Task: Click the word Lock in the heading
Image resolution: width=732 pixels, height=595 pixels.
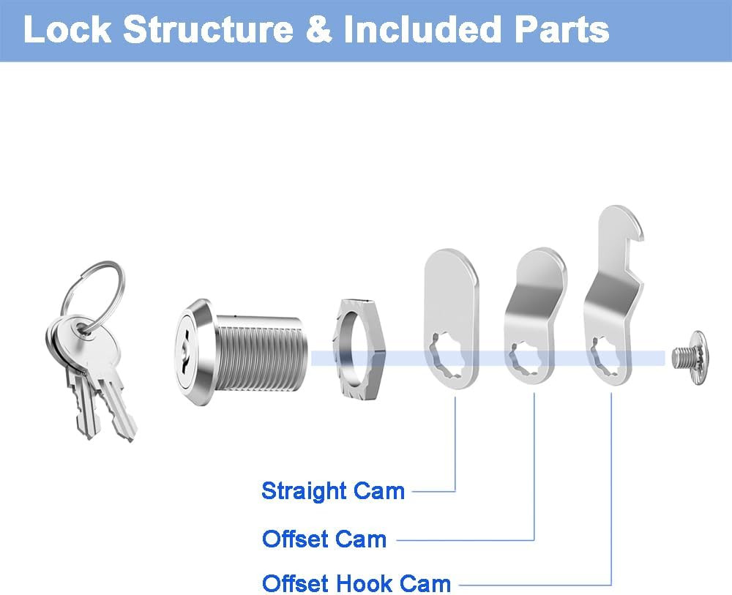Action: pyautogui.click(x=67, y=29)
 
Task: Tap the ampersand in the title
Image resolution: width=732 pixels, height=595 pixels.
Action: pyautogui.click(x=319, y=30)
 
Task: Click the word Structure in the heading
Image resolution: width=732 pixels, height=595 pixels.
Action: pyautogui.click(x=208, y=29)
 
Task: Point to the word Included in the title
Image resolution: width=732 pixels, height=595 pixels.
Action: pyautogui.click(x=423, y=29)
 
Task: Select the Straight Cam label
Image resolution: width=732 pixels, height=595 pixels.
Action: pyautogui.click(x=333, y=491)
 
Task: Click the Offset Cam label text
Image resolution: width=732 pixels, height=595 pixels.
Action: pyautogui.click(x=324, y=539)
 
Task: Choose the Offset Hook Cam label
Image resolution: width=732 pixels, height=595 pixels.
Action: pyautogui.click(x=356, y=583)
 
